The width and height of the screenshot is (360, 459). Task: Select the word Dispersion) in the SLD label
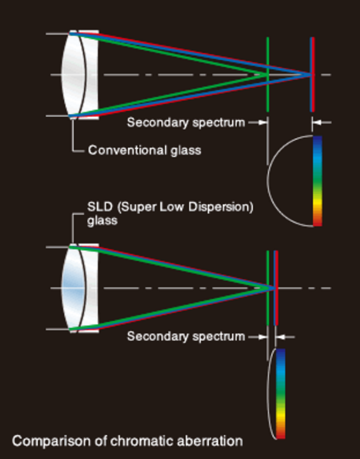220,207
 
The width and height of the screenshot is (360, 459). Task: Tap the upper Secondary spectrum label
186,122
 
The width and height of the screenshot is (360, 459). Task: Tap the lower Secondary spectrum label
186,337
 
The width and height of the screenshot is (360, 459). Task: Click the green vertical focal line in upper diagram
267,75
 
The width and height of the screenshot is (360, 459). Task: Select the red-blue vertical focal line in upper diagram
312,75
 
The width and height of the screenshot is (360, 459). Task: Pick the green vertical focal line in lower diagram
267,288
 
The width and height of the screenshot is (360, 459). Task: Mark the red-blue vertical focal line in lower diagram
276,288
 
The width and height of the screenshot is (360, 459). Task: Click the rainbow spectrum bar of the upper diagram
318,181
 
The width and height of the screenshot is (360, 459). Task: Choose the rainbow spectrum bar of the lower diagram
281,394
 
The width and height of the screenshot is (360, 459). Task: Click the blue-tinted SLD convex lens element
73,288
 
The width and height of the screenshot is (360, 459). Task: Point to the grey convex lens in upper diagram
73,75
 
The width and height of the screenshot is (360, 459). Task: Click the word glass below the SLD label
103,221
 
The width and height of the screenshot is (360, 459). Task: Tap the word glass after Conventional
186,151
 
